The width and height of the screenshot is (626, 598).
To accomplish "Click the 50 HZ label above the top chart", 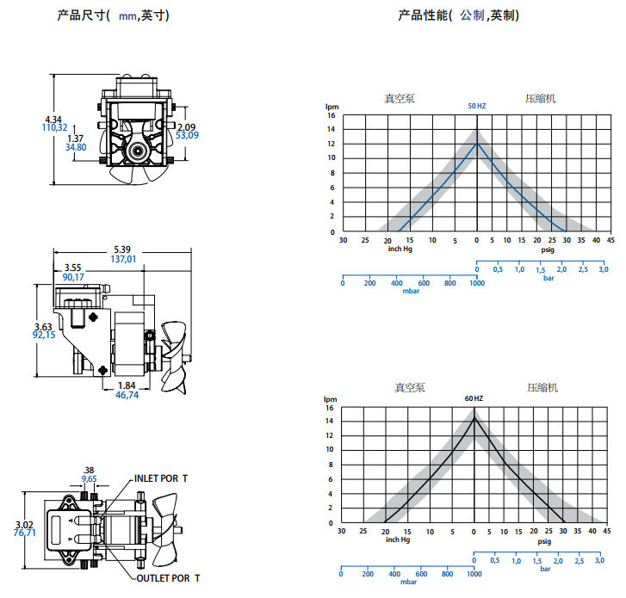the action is pyautogui.click(x=477, y=106).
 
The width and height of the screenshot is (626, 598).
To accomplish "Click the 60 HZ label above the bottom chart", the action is pyautogui.click(x=474, y=398).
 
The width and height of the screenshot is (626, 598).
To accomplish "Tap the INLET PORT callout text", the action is pyautogui.click(x=161, y=478).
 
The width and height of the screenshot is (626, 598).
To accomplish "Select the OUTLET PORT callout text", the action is pyautogui.click(x=168, y=578).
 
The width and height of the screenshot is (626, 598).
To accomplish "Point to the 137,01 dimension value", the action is pyautogui.click(x=123, y=259).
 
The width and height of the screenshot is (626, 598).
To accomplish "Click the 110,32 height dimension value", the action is pyautogui.click(x=55, y=127).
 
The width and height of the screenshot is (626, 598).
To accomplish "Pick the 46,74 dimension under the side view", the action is pyautogui.click(x=127, y=395).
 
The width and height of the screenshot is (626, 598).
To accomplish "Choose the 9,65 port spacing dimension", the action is pyautogui.click(x=89, y=478).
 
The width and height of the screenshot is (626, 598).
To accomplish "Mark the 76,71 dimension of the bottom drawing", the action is pyautogui.click(x=25, y=533).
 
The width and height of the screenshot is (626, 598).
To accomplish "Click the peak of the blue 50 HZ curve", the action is pyautogui.click(x=477, y=144).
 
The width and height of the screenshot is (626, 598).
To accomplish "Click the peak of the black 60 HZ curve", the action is pyautogui.click(x=474, y=417).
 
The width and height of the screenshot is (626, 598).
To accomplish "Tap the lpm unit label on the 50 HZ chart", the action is pyautogui.click(x=332, y=107).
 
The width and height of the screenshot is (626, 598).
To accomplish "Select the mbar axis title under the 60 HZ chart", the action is pyautogui.click(x=408, y=582).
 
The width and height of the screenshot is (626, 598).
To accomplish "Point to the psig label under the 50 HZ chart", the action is pyautogui.click(x=548, y=250).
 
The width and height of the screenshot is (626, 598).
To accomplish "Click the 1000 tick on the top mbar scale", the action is pyautogui.click(x=477, y=283).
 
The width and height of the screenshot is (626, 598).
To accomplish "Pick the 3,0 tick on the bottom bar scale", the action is pyautogui.click(x=599, y=560).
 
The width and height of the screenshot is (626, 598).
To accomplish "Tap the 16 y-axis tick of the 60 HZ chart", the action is pyautogui.click(x=330, y=408).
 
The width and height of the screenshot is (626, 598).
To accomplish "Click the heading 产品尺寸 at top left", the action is pyautogui.click(x=82, y=15).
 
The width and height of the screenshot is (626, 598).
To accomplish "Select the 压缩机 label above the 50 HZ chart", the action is pyautogui.click(x=540, y=99).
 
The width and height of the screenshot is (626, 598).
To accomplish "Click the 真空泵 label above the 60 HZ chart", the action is pyautogui.click(x=410, y=388).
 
